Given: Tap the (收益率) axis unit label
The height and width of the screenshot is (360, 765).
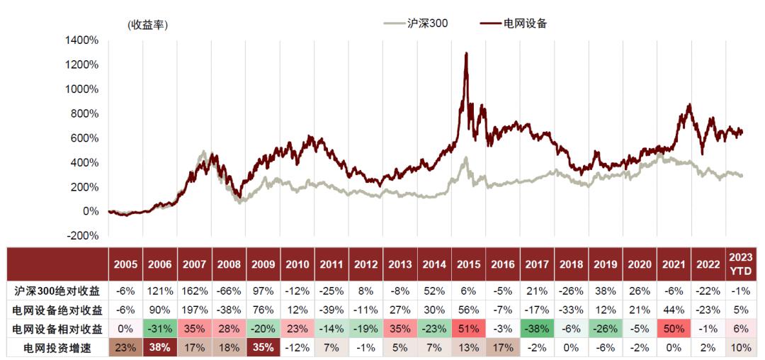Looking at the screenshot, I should pos(147,25).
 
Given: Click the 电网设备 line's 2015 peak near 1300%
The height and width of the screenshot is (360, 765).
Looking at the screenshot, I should pos(465,54).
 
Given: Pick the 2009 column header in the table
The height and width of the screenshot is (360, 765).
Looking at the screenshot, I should pos(263,264).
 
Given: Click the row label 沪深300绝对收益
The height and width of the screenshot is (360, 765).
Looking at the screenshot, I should pos(59,291).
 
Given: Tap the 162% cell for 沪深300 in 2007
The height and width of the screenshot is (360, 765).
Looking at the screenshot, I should pos(194,291).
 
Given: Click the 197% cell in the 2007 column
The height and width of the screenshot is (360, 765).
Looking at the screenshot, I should pos(194,310).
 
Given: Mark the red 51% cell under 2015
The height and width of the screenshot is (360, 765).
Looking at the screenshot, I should pos(469,329).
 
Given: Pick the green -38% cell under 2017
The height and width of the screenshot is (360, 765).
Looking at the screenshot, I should pos(538,329).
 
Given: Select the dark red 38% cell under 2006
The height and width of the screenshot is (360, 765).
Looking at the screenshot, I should pos(160,348).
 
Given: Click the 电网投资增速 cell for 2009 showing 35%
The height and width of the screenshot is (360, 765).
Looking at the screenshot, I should pos(263,348).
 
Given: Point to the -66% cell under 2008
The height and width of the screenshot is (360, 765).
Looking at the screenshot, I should pos(229,291).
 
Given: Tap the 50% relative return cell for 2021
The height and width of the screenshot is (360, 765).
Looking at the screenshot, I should pos(675,329).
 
